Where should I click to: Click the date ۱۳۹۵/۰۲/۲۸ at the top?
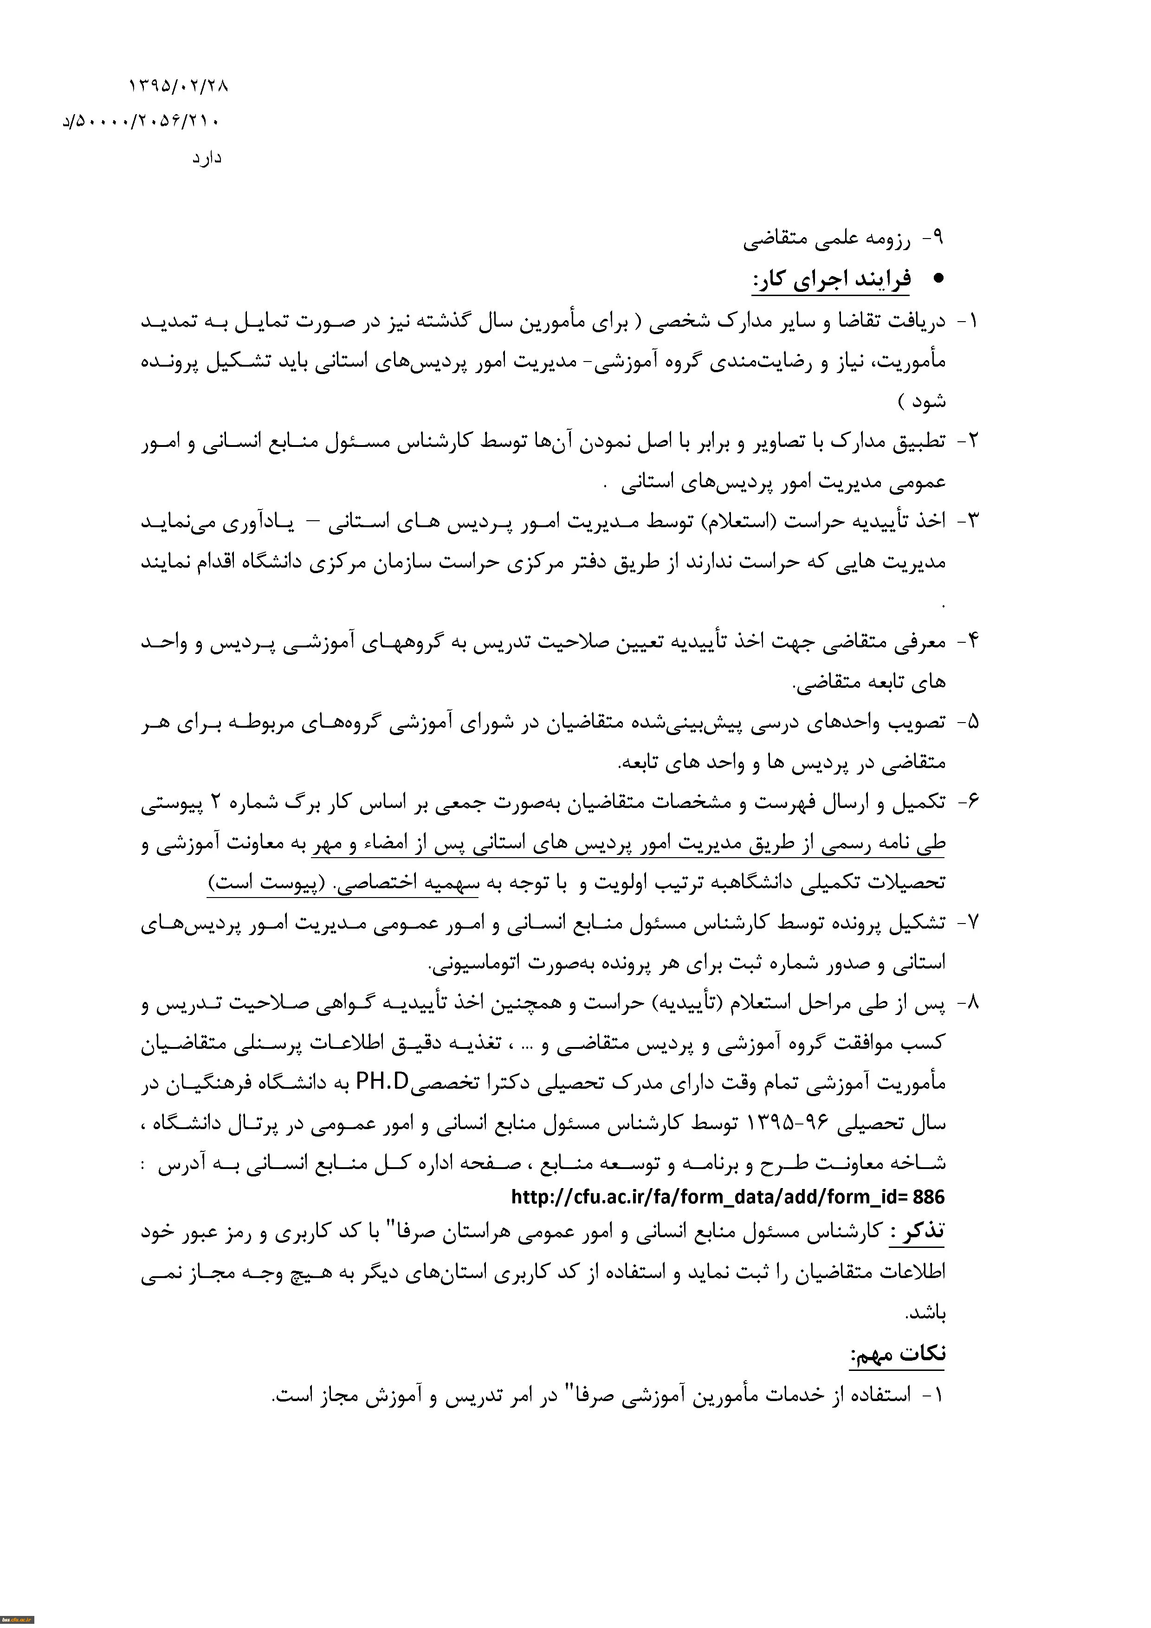pyautogui.click(x=178, y=86)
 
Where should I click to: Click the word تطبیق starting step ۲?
pyautogui.click(x=918, y=441)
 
